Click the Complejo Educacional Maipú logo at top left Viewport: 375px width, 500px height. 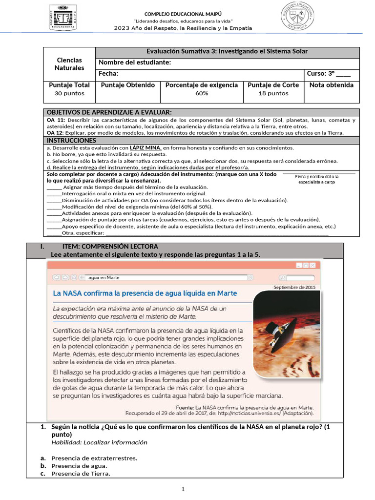click(63, 17)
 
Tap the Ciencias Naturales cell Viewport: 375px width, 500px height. click(69, 64)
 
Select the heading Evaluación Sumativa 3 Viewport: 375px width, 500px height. click(227, 51)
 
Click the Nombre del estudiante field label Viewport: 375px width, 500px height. click(135, 62)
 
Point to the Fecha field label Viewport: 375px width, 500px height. click(108, 74)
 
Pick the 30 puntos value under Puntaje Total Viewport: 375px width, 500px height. click(69, 93)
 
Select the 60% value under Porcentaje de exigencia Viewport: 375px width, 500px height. click(202, 93)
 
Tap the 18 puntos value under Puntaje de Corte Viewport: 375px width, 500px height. click(273, 93)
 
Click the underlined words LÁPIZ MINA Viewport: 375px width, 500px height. click(146, 147)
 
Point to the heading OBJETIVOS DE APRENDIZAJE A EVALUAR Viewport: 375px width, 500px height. click(109, 112)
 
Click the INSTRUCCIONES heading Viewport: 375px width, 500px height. click(71, 140)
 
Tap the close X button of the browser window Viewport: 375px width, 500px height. click(312, 265)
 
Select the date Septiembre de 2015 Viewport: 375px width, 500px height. click(294, 287)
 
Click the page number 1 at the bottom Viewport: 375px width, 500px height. click(183, 489)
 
